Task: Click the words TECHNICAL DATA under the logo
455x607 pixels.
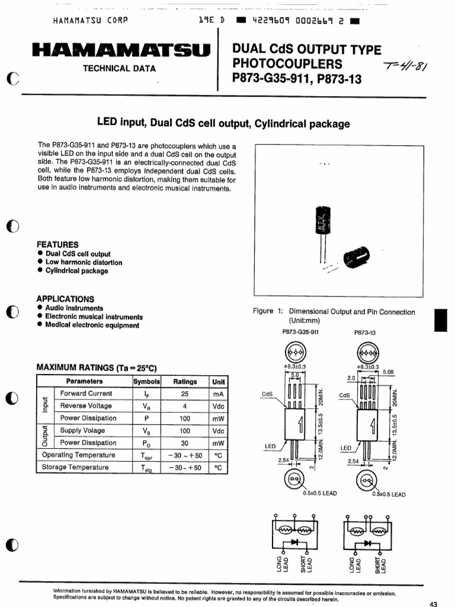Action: pyautogui.click(x=119, y=68)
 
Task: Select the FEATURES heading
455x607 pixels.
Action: pyautogui.click(x=57, y=244)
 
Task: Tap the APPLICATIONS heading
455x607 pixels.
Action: pyautogui.click(x=65, y=299)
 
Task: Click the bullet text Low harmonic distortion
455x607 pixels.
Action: pyautogui.click(x=84, y=263)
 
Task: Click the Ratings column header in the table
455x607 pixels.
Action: pyautogui.click(x=185, y=382)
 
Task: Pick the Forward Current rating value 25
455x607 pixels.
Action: pyautogui.click(x=185, y=394)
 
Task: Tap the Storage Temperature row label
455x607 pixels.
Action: pyautogui.click(x=75, y=467)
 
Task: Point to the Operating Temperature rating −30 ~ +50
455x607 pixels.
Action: pyautogui.click(x=185, y=455)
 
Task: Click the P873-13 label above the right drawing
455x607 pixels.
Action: pyautogui.click(x=365, y=333)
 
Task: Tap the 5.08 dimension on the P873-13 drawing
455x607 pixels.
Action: pyautogui.click(x=389, y=372)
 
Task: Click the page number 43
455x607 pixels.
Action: pyautogui.click(x=432, y=603)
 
